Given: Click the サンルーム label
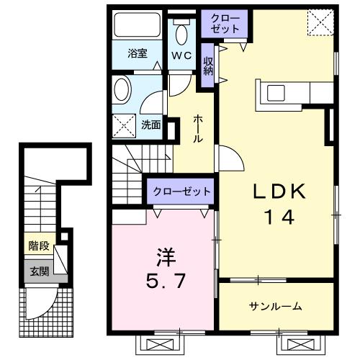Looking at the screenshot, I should pos(276,307).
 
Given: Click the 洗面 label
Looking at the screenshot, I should pos(151,125).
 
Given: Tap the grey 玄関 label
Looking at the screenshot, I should pos(39,271).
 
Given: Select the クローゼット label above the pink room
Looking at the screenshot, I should pos(181,192).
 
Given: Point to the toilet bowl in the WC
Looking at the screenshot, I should pos(181,33).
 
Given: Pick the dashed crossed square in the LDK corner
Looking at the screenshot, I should pos(318,22).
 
